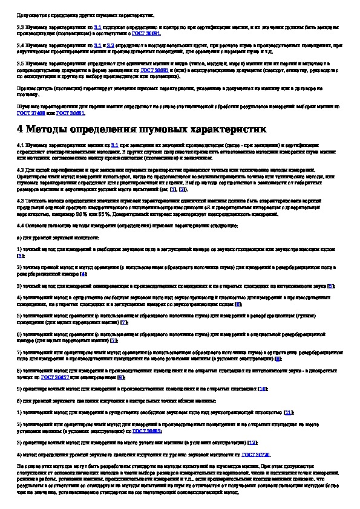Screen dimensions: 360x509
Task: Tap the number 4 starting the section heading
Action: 21,129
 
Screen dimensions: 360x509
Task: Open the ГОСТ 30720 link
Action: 257,453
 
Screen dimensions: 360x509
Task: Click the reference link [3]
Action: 21,256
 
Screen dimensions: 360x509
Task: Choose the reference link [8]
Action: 277,358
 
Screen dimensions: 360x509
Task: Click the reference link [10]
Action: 262,389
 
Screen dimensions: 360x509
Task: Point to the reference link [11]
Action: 289,412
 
